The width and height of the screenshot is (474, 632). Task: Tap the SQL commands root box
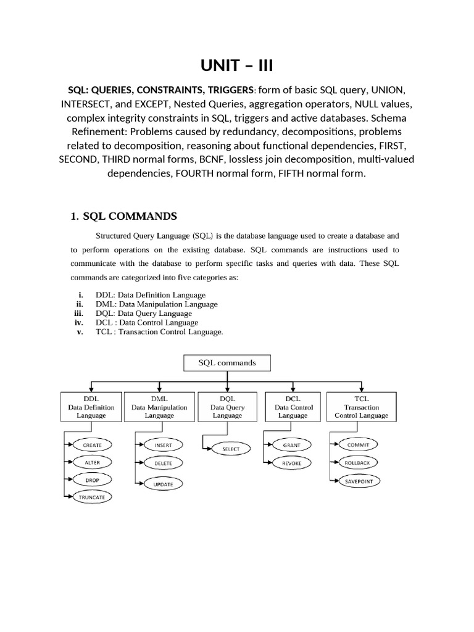click(x=227, y=363)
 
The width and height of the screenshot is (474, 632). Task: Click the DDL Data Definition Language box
click(x=91, y=407)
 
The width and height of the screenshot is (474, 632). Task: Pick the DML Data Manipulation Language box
click(x=159, y=407)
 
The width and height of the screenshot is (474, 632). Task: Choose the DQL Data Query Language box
click(x=227, y=407)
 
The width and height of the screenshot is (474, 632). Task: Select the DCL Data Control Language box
click(x=293, y=407)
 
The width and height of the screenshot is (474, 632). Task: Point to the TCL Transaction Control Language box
click(x=361, y=407)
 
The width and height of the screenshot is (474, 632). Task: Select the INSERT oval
click(x=163, y=445)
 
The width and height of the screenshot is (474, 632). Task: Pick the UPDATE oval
click(x=163, y=484)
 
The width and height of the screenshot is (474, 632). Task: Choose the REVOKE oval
click(x=291, y=462)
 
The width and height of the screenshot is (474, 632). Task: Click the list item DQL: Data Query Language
click(x=144, y=314)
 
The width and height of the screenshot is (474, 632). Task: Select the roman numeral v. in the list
click(x=80, y=332)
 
